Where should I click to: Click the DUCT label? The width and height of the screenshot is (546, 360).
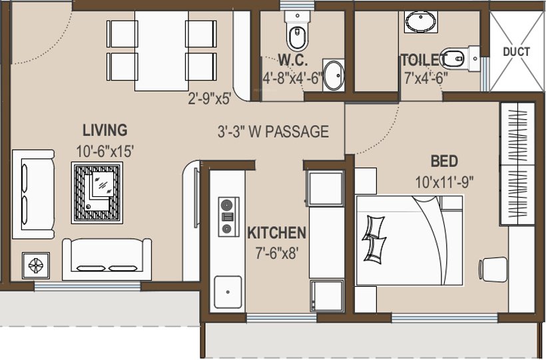[516, 51]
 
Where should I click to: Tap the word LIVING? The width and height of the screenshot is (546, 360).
[105, 129]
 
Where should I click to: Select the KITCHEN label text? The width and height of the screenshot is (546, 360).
[276, 233]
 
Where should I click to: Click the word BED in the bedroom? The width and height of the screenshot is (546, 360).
[443, 161]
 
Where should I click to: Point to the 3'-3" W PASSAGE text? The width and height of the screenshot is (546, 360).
[273, 131]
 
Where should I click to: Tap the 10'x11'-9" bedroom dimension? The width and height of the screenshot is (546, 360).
[443, 180]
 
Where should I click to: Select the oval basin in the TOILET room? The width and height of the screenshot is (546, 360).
[421, 22]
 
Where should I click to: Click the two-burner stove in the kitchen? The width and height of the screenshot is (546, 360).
[228, 216]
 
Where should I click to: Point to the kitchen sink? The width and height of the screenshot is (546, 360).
[228, 291]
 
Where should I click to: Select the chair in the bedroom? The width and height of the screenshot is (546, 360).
[491, 271]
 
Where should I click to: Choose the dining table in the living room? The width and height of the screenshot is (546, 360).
[162, 51]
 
